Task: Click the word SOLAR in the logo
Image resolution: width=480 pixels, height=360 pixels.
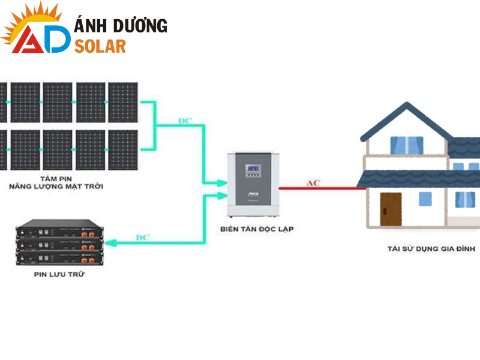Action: (x=100, y=46)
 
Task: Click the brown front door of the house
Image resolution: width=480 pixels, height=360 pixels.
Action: (x=390, y=209)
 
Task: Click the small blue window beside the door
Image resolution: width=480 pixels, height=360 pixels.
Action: (x=425, y=199)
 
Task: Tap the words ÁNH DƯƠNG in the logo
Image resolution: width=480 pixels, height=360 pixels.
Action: (x=120, y=26)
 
